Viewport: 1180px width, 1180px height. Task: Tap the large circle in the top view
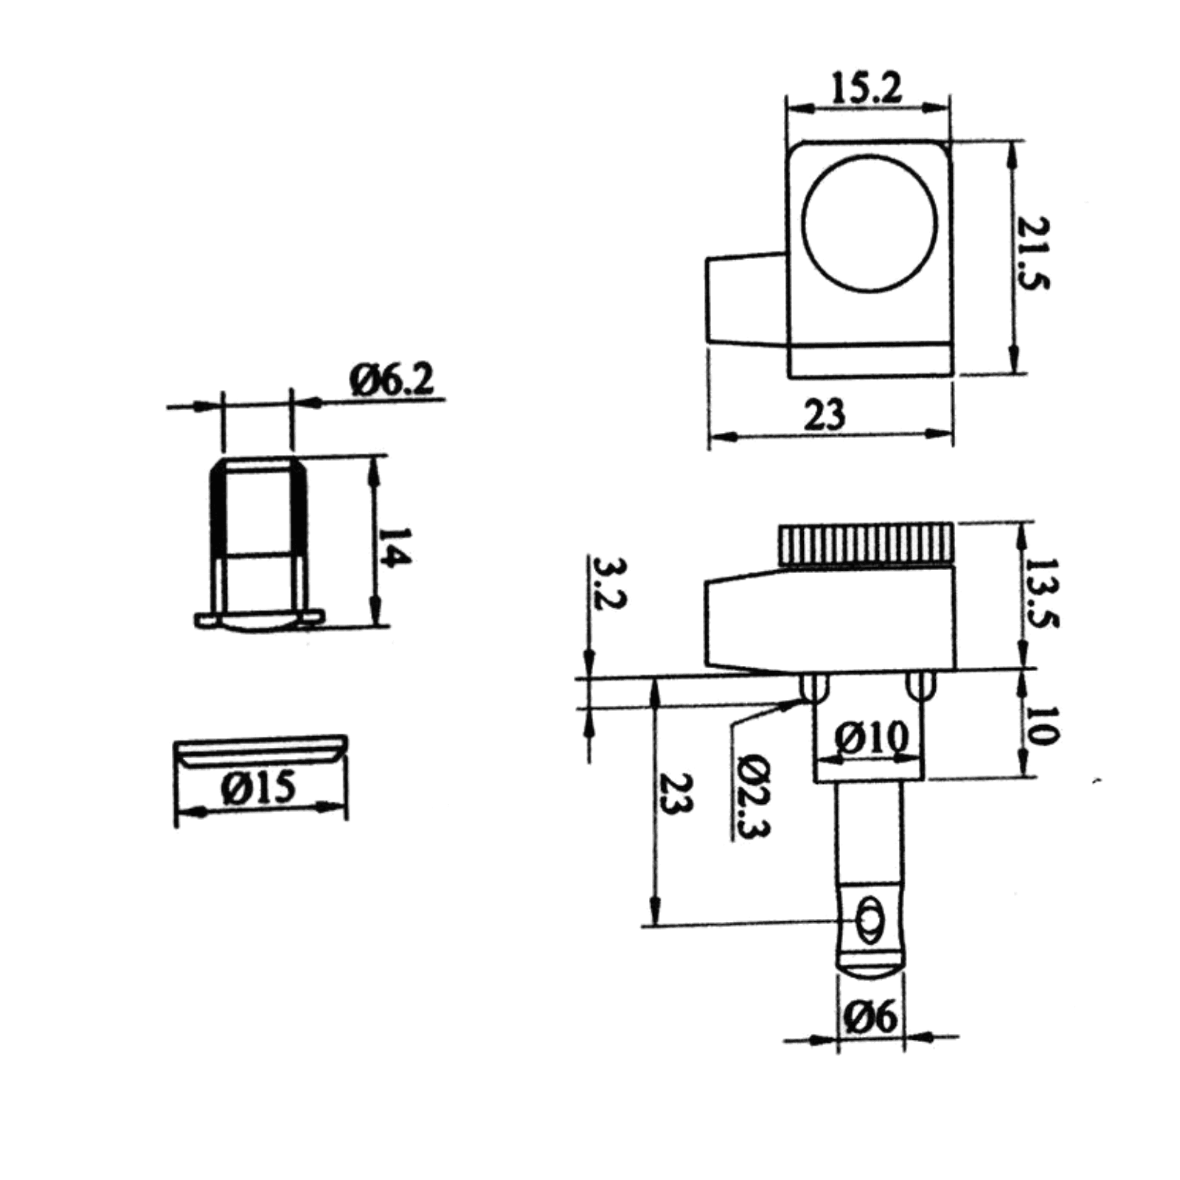(x=870, y=223)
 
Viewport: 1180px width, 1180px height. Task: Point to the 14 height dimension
(x=395, y=546)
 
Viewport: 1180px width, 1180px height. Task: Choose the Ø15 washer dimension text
(x=258, y=788)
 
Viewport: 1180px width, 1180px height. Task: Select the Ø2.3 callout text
(x=752, y=796)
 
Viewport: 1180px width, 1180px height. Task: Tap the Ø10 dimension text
(x=871, y=737)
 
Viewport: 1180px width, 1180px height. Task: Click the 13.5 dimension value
(x=1042, y=593)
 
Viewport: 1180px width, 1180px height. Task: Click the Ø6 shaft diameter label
(x=871, y=1018)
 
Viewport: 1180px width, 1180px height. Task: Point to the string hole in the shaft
(x=870, y=920)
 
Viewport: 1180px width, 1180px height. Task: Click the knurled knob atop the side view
(x=866, y=545)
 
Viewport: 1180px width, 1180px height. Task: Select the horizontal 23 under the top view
(x=824, y=415)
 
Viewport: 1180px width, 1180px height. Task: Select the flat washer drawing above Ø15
(x=260, y=751)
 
